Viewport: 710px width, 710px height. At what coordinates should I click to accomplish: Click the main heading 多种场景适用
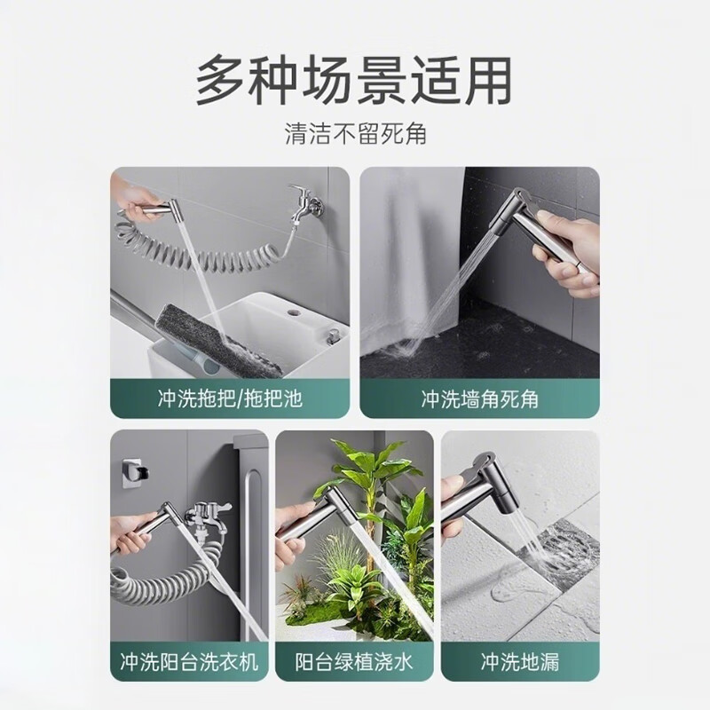pos(353,80)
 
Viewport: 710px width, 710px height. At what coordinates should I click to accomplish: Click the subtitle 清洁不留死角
pos(356,134)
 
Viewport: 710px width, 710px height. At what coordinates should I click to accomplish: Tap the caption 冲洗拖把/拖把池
pos(230,398)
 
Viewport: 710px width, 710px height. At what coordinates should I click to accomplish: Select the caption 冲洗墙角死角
pos(479,398)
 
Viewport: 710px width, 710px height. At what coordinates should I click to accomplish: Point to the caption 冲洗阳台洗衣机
pos(189,661)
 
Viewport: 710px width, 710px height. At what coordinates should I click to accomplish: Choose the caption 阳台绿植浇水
pos(354,661)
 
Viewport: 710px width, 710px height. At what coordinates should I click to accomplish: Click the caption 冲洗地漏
pos(520,661)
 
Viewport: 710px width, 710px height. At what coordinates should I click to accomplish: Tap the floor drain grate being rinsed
pos(561,553)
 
